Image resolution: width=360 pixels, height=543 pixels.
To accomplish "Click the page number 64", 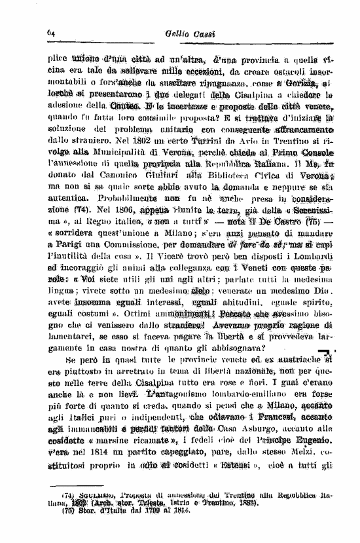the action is [50, 33].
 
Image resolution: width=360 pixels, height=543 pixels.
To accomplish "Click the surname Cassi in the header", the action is [200, 33].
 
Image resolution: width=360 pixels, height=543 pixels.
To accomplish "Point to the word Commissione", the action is [120, 262].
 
